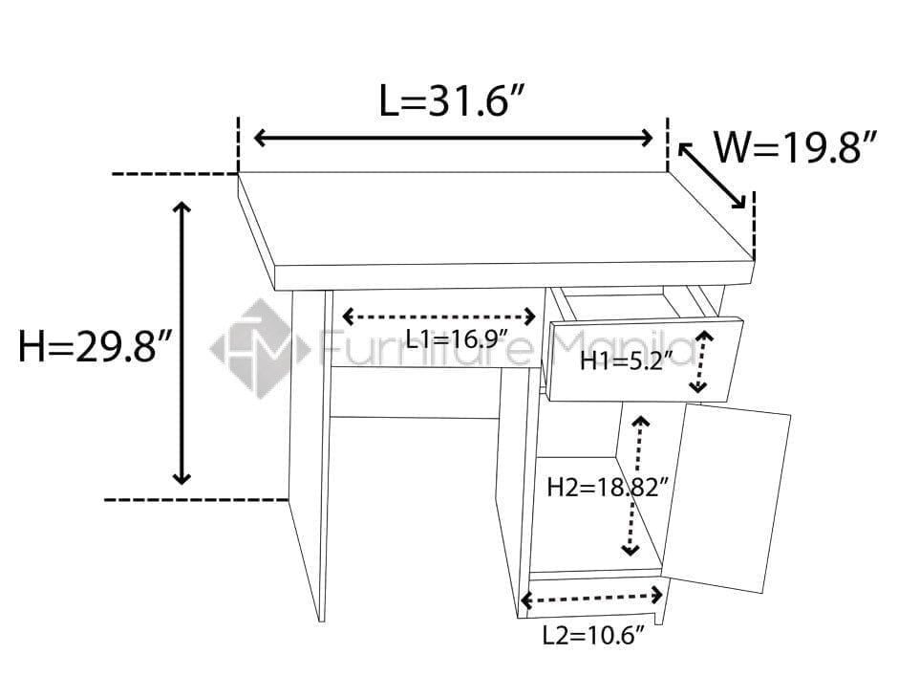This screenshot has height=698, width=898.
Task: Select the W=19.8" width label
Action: point(795,149)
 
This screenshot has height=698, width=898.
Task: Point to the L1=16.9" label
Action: point(456,338)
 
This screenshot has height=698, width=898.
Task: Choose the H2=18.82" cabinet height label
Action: point(607,487)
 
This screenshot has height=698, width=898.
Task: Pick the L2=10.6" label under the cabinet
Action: point(594,635)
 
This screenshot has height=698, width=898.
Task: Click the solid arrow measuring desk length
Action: point(453,138)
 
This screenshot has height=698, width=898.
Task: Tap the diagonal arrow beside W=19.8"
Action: point(713,175)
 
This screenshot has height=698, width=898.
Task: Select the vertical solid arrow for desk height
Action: point(182,344)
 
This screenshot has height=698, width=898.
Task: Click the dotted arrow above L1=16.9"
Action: point(439,316)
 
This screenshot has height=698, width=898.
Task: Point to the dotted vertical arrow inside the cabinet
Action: point(635,486)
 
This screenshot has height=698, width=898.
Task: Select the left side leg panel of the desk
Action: point(308,449)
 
